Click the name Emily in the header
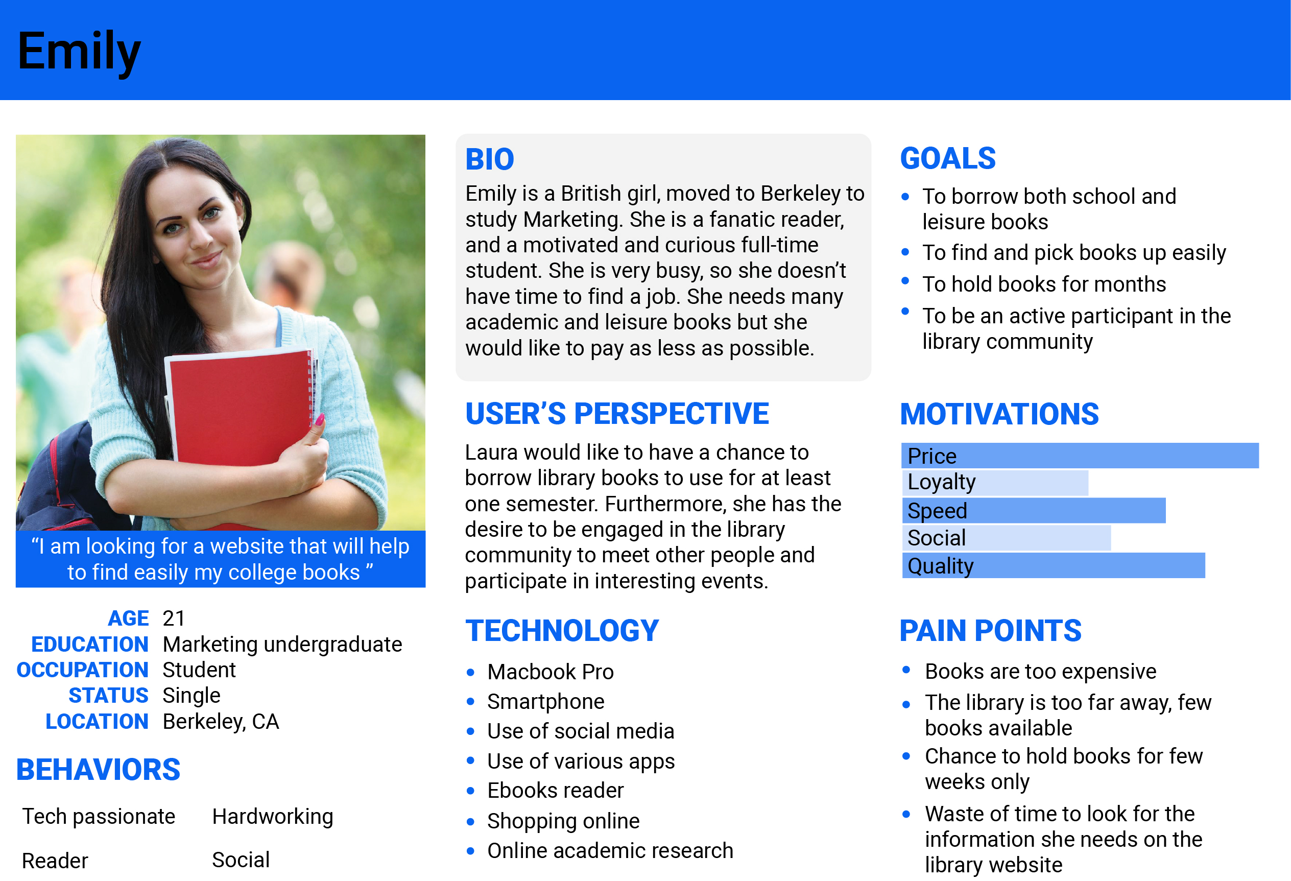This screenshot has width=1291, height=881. (79, 52)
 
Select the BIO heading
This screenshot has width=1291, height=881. (489, 159)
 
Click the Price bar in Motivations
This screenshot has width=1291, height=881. (1080, 456)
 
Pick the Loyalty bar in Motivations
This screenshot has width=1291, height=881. (994, 482)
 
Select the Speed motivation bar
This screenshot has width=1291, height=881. (1033, 510)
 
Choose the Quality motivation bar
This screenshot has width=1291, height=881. (1053, 565)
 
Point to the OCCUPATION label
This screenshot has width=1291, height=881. (83, 670)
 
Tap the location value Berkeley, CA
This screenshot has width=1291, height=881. (221, 722)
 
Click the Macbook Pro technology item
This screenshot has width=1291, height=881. (551, 672)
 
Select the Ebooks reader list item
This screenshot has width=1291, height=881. (556, 791)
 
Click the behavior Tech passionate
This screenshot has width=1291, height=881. (99, 817)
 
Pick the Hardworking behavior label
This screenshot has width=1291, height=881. (273, 817)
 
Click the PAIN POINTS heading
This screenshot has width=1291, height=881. (991, 630)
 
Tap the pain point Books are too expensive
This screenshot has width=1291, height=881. (1040, 672)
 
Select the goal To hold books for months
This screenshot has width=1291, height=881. (1044, 284)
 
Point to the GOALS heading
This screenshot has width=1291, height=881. (948, 158)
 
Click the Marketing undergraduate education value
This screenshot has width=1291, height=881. (282, 645)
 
